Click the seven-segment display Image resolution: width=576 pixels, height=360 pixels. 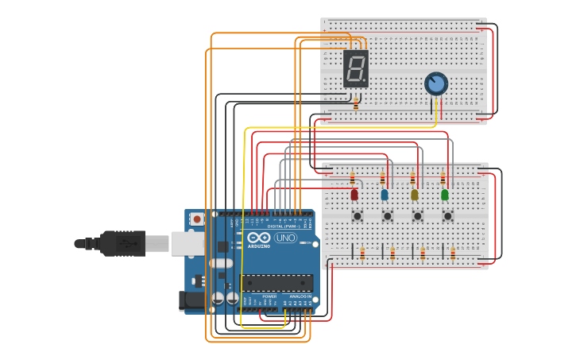[x=356, y=68]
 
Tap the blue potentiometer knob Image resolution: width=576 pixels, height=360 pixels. [x=435, y=83]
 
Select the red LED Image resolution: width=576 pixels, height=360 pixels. [x=354, y=194]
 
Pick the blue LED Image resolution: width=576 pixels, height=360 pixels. [x=385, y=194]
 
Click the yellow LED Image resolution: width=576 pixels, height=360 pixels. [x=414, y=194]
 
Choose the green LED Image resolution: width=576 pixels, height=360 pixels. [x=444, y=194]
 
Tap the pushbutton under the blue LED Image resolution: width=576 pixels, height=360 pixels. [x=387, y=215]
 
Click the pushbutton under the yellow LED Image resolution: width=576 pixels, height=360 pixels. [x=417, y=215]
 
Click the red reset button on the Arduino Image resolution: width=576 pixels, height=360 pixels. [x=195, y=219]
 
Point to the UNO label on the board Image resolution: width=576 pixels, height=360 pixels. [x=285, y=238]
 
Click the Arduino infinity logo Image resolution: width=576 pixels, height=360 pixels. [x=258, y=238]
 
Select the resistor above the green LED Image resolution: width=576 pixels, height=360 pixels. [x=443, y=179]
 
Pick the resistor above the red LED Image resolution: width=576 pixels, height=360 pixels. [x=353, y=179]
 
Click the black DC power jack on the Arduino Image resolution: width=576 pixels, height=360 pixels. [x=191, y=300]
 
